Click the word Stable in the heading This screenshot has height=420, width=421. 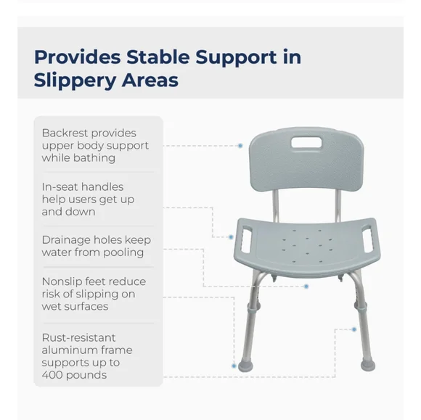(x=158, y=57)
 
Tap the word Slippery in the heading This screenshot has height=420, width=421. (x=74, y=81)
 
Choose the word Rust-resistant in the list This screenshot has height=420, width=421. (x=78, y=337)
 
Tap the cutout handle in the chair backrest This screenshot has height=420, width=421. (x=306, y=142)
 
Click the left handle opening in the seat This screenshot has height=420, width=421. (x=247, y=239)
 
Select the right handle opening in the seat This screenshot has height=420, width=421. (x=367, y=239)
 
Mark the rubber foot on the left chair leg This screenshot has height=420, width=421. (x=245, y=366)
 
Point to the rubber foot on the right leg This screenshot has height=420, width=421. (x=368, y=365)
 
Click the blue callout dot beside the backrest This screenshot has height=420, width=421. (x=240, y=146)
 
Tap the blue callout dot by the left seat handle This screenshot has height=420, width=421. (x=231, y=237)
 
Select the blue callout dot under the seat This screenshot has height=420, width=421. (x=306, y=287)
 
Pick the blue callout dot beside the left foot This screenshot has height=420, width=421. (x=234, y=366)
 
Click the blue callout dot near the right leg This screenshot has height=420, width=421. (x=354, y=329)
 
